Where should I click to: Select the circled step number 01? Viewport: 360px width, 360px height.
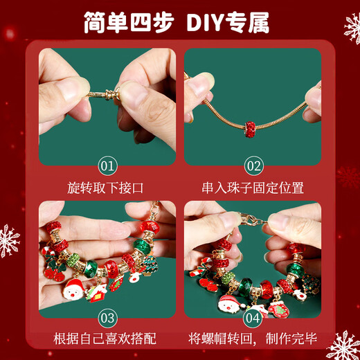coord(107,166)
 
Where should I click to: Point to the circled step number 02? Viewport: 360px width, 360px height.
coord(253,166)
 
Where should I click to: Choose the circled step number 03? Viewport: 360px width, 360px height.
coord(107,318)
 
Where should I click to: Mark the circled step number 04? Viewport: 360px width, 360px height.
coord(253,318)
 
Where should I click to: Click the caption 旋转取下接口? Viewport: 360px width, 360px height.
coord(107,188)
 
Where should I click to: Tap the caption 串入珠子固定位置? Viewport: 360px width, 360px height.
coord(253,188)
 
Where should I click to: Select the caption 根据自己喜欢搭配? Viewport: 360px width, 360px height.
coord(107,339)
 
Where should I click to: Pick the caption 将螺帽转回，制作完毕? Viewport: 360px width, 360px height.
coord(253,339)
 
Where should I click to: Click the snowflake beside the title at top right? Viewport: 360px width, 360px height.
coord(352,28)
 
